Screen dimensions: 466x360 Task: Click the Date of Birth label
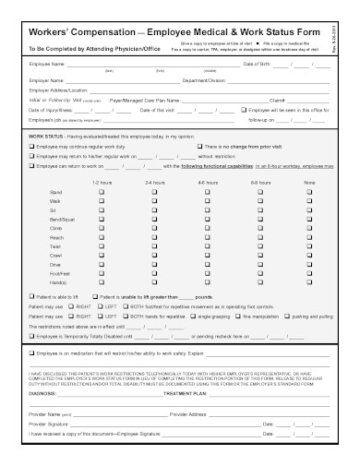coord(261,65)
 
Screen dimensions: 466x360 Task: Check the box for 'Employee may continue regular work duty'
coord(32,146)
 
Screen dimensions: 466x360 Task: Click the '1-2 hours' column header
coord(102,185)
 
